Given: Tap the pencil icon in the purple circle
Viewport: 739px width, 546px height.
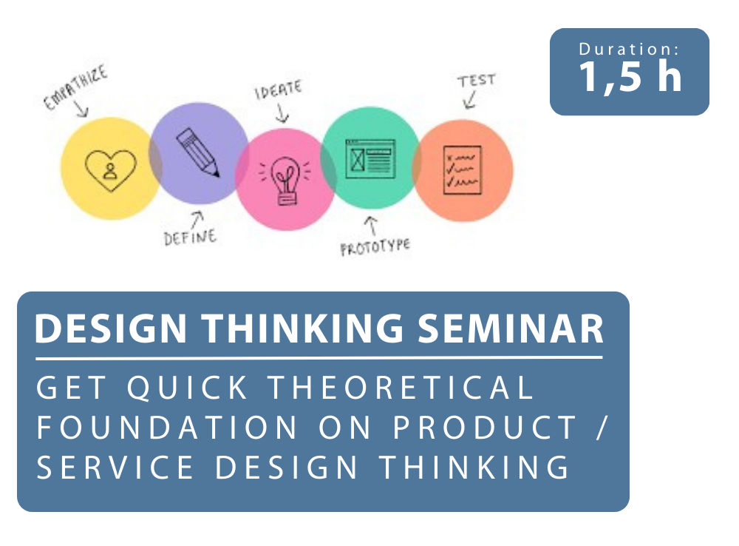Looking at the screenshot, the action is pos(198,152).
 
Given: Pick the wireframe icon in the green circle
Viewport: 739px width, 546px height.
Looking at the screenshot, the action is pos(370,158).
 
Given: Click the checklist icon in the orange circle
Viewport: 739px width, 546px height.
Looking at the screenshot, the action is pos(463,170).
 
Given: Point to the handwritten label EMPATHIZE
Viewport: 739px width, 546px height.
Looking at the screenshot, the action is pos(75,88).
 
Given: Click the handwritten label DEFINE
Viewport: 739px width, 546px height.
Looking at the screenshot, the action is pos(190,237).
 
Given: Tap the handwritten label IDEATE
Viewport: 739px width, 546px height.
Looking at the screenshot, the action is pos(278,90).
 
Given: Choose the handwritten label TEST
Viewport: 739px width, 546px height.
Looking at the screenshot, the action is pos(477,80).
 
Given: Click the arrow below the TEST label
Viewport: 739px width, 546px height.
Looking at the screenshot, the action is pos(470,100).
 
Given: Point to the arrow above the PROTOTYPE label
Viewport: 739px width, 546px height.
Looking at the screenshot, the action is pos(372,226).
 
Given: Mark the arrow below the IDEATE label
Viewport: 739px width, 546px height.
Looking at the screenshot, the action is pos(282,113).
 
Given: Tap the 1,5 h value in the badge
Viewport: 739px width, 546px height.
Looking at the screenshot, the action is pos(630,76).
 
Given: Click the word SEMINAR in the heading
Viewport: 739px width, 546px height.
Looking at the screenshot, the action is pos(511,328).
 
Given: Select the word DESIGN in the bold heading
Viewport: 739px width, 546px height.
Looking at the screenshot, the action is pos(112,328).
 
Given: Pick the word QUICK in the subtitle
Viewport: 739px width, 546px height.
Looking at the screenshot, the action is pos(188,388).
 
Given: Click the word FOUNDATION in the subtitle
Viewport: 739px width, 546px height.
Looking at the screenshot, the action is pos(167,428).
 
